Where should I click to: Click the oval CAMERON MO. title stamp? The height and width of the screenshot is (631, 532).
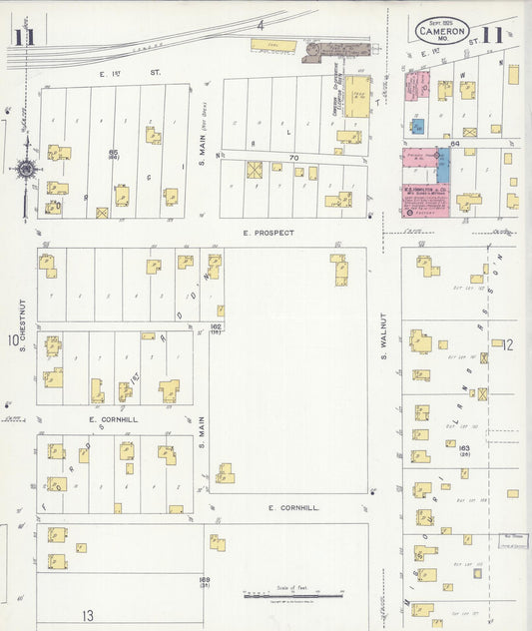point(441,33)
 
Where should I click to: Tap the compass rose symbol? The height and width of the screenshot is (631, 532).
point(25,169)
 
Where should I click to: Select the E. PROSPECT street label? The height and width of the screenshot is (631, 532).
point(268,233)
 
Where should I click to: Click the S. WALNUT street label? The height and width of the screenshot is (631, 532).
point(382,344)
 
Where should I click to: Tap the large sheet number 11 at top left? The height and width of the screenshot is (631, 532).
point(22,38)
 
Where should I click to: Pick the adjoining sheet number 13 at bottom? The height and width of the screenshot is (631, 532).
point(87,615)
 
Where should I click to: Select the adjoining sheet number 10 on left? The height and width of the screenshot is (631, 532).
point(14,342)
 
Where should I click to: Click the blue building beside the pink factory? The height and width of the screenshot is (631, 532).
point(443,166)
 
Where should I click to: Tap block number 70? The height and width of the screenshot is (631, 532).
point(293,158)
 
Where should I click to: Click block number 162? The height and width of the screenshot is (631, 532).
point(215,326)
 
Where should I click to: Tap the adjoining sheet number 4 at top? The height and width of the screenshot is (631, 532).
point(260,24)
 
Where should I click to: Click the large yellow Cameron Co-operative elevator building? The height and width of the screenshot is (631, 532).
point(356,98)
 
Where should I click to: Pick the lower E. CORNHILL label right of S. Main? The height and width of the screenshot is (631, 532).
point(293,508)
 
